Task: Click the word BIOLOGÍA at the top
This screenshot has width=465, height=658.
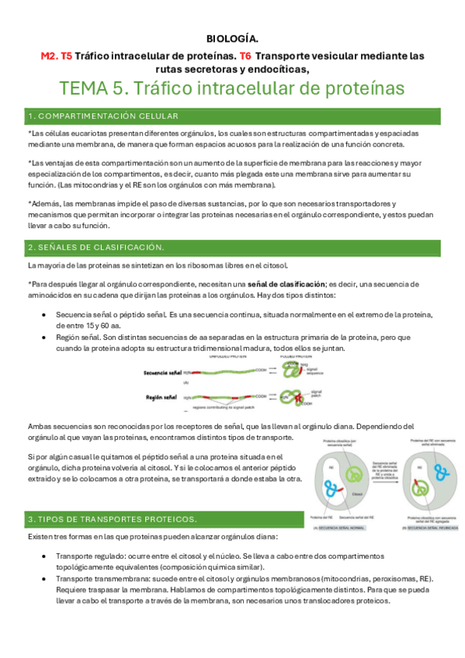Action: tap(233, 38)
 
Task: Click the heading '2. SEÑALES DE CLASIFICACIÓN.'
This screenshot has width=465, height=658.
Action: tap(95, 247)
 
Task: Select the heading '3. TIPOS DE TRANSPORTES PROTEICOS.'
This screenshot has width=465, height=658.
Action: tap(113, 518)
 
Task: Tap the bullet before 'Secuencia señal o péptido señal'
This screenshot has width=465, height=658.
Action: tap(42, 315)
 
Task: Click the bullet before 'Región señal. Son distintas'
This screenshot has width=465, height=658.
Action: tap(42, 338)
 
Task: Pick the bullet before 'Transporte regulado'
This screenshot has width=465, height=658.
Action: tap(42, 556)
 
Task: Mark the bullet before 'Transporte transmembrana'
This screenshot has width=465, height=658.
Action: tap(42, 580)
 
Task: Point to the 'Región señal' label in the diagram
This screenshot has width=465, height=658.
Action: tap(162, 397)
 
